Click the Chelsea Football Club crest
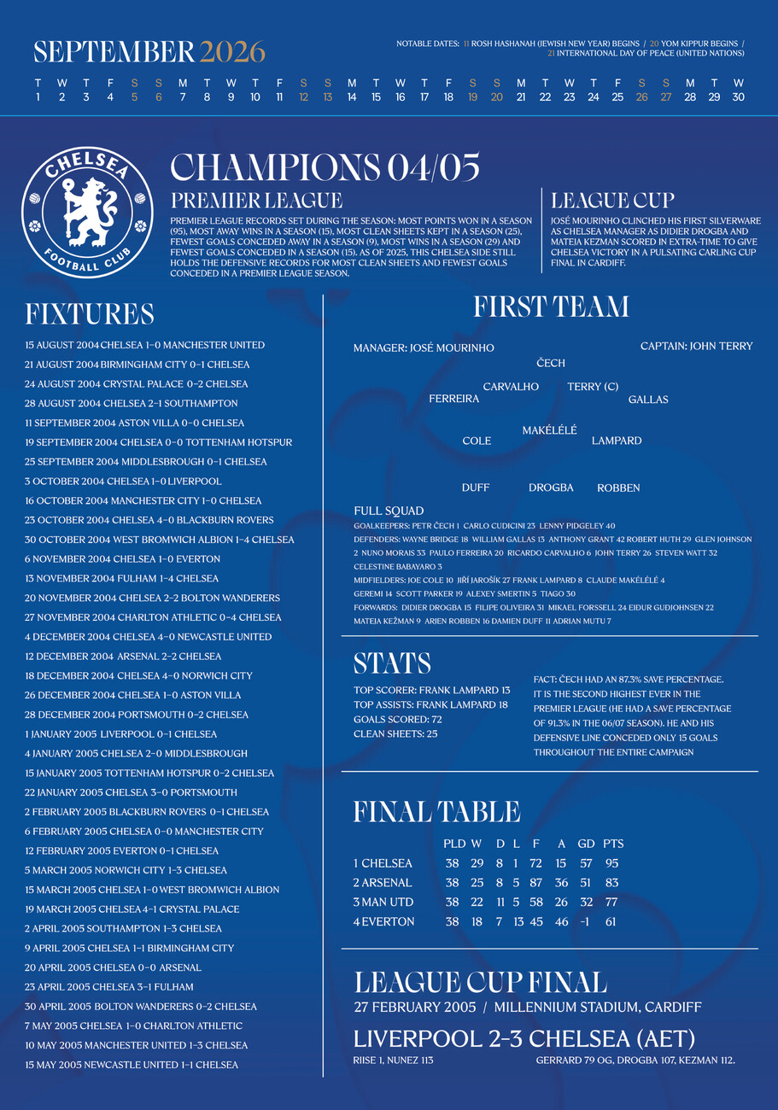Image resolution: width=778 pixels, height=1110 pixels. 87,211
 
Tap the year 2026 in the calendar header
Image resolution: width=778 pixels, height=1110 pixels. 232,52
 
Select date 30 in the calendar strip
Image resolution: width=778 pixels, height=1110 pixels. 739,97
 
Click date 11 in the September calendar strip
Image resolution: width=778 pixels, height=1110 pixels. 279,97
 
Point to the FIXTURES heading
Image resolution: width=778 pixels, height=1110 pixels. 90,314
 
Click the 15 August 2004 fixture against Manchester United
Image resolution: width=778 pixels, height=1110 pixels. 145,345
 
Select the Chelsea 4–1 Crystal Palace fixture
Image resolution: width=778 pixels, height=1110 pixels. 132,909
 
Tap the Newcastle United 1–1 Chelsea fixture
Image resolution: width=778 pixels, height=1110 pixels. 132,1065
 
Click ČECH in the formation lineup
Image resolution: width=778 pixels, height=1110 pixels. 551,364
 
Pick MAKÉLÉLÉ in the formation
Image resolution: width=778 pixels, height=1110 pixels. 550,430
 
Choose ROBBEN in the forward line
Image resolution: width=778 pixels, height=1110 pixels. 618,488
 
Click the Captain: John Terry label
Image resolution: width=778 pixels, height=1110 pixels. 697,346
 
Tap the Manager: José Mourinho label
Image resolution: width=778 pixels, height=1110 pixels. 424,348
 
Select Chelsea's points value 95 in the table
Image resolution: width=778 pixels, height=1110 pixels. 611,863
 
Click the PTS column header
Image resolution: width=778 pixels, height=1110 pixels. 613,844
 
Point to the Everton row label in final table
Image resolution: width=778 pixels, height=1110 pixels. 384,922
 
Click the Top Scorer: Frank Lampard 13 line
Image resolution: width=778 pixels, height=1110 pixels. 431,689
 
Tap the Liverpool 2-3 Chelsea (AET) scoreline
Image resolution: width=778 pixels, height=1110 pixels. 524,1039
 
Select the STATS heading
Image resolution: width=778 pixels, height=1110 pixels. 392,663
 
